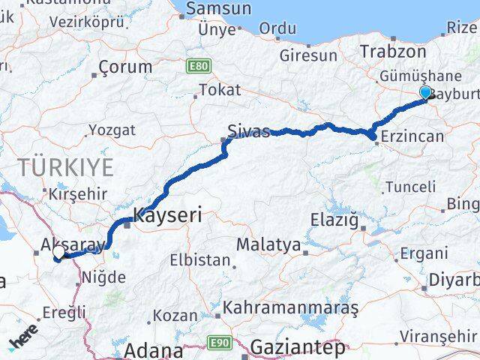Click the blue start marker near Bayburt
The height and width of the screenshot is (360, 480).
(x=426, y=93)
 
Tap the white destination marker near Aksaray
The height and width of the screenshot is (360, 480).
(x=58, y=253)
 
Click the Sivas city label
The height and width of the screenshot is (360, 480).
(x=250, y=132)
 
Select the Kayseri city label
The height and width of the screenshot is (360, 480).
(x=167, y=217)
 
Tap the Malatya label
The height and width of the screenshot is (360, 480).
(x=268, y=244)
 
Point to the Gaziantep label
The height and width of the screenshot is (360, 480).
(x=298, y=348)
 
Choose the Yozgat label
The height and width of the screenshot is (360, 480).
(x=112, y=130)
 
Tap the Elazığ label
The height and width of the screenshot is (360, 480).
(x=334, y=220)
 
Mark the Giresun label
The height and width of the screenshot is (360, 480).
(x=307, y=55)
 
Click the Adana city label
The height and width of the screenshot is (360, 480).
(x=153, y=350)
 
